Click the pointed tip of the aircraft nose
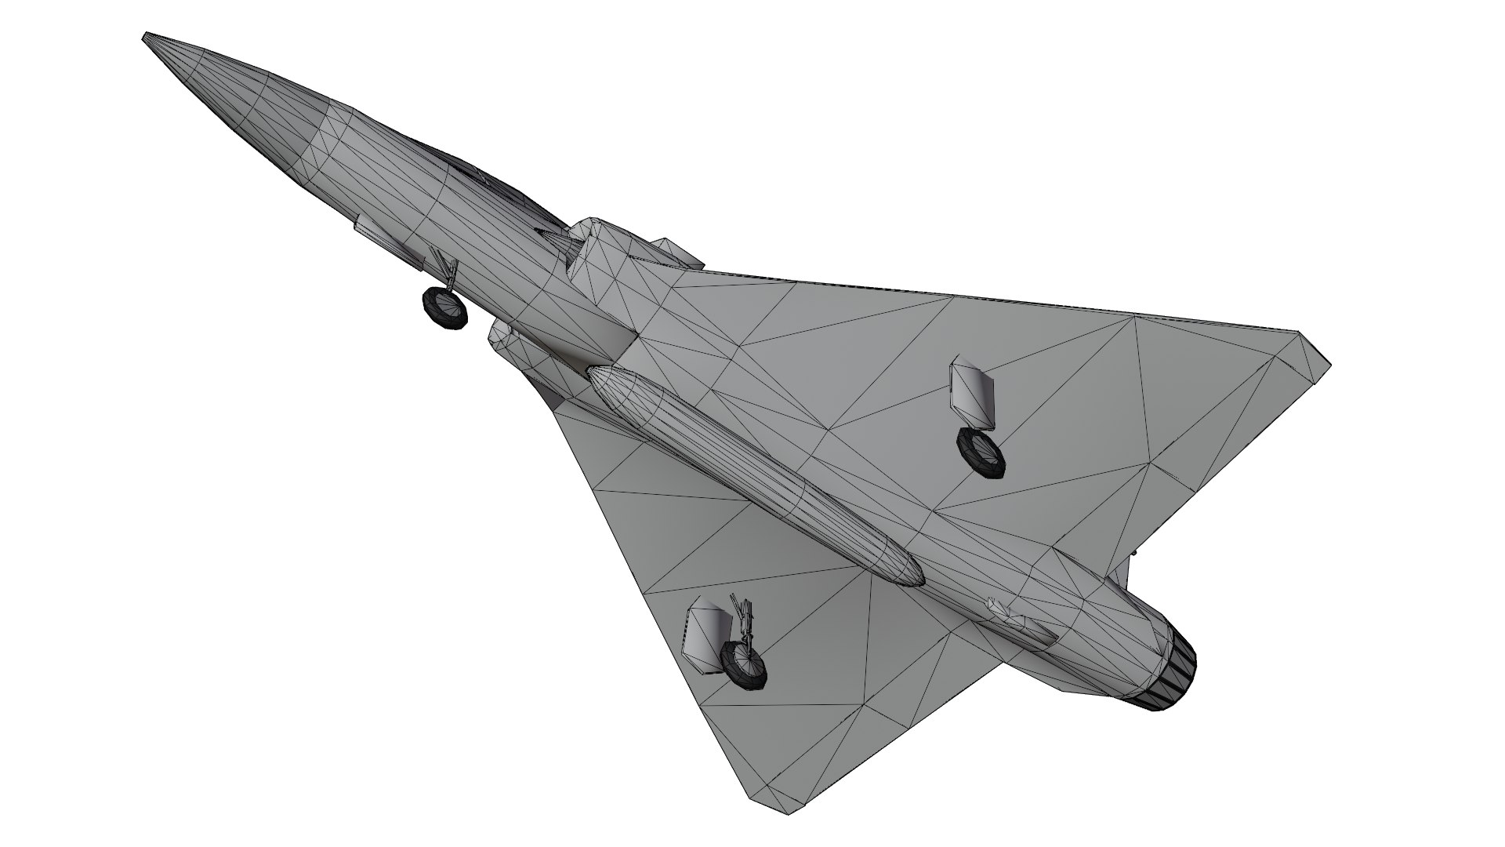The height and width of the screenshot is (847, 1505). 146,36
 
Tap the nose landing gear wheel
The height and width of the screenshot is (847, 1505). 444,307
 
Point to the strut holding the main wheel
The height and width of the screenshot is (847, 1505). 745,620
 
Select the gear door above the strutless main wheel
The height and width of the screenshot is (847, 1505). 972,393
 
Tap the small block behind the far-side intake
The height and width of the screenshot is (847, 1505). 678,253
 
